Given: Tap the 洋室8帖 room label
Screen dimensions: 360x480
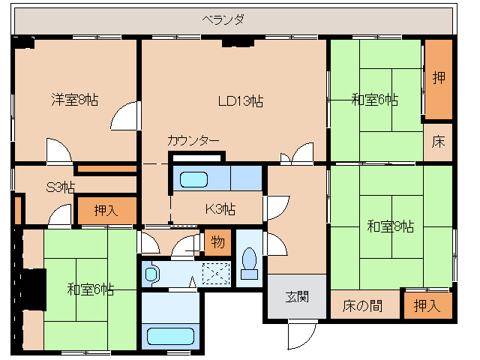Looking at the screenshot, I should [74, 99].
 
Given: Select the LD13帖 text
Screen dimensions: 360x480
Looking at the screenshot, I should [240, 100].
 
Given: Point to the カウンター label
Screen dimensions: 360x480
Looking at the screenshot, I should [193, 140].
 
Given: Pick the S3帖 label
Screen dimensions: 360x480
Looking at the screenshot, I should [61, 186].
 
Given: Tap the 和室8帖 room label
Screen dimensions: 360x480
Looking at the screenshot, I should [390, 226].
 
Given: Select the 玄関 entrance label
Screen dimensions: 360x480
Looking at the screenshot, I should [295, 297].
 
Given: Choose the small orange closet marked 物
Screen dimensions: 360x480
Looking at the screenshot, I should [217, 241].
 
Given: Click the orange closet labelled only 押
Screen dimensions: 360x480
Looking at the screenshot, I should [439, 77].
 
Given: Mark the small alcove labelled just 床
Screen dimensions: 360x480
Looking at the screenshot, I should [439, 141].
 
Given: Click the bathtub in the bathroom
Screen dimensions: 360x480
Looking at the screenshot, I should [170, 334].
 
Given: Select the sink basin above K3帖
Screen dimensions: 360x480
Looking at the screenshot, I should [194, 180].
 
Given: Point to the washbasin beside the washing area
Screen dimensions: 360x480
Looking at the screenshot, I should [152, 274].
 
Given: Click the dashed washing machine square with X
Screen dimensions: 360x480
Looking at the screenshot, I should [215, 274].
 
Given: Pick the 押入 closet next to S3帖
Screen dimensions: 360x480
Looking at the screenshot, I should [106, 211].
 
